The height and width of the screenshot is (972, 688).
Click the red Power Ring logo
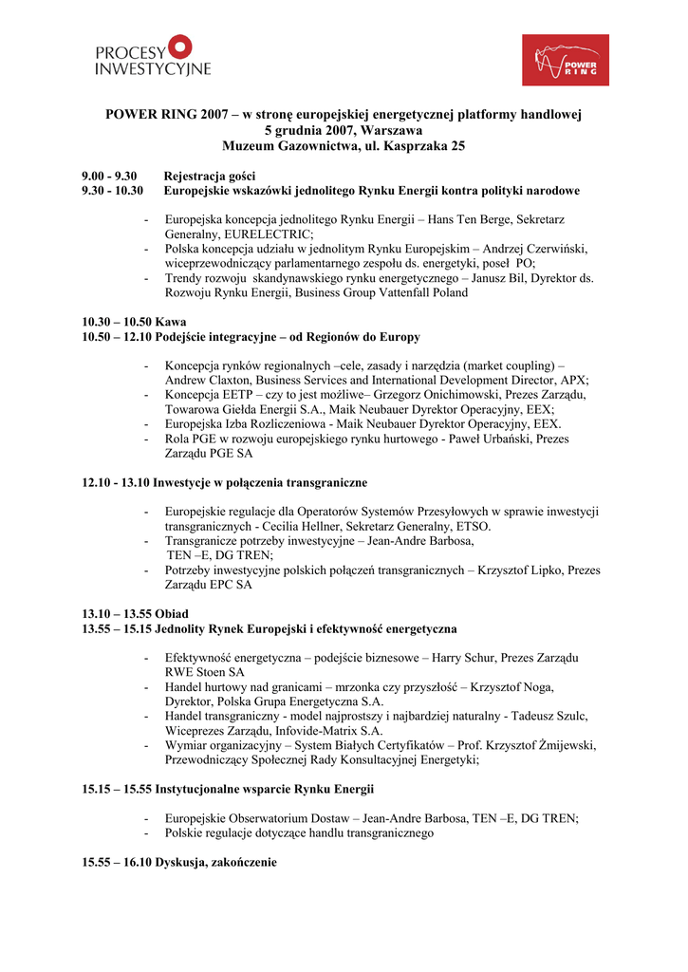(566, 60)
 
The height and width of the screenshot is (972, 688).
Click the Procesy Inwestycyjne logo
(153, 56)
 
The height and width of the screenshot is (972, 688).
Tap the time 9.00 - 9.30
(109, 176)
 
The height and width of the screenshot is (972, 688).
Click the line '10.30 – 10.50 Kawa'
(134, 322)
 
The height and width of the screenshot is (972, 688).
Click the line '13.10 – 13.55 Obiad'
(135, 614)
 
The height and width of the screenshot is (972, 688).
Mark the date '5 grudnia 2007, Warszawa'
(344, 130)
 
